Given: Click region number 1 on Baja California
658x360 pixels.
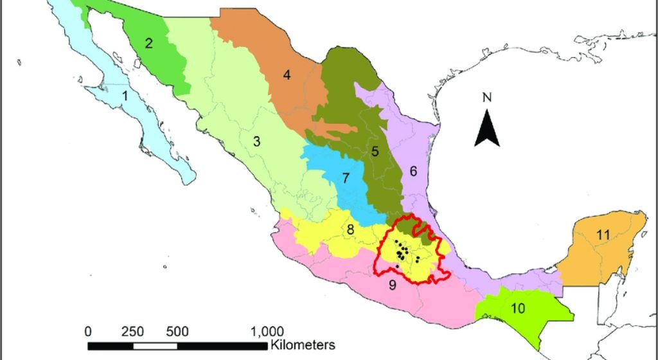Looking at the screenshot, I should pos(126,96).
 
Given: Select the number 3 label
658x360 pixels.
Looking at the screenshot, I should pos(256,141).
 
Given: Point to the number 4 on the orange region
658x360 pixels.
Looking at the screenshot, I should pos(287,75).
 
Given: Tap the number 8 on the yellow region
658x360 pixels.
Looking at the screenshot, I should pos(350,230).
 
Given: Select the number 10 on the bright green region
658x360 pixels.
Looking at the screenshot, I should pos(518,308).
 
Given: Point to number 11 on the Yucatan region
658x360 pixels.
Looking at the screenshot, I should pos(602,235).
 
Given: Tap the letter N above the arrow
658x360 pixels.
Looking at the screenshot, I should pos(487,98).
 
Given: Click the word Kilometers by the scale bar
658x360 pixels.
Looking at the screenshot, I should pos(303,345).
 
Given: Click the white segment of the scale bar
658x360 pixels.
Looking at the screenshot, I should pos(154,346).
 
